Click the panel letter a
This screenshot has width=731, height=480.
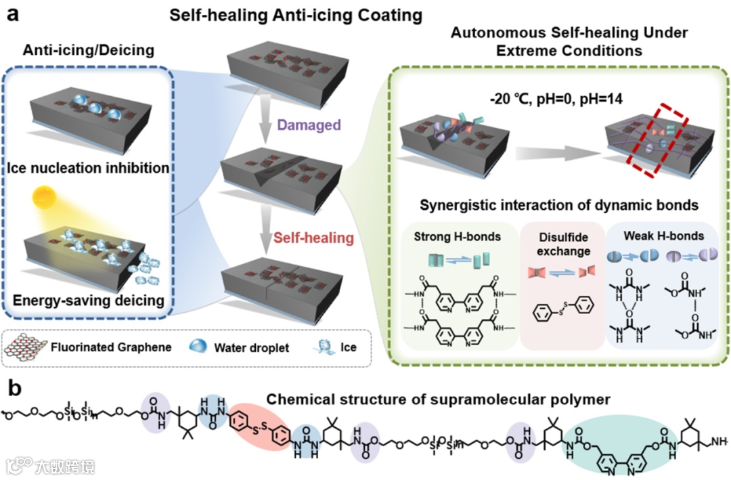12,14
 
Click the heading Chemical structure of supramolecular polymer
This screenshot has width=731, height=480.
438,399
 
